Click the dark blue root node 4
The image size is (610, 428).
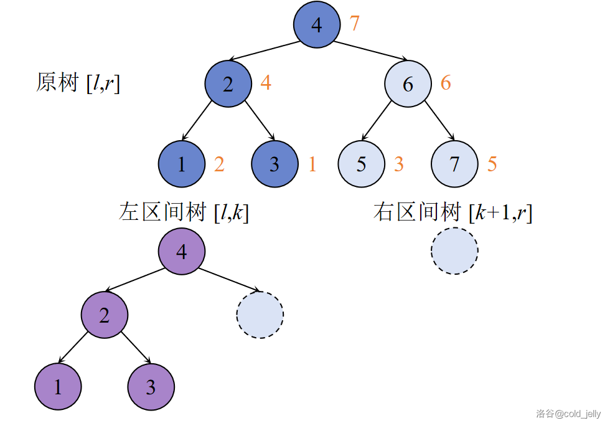click(317, 25)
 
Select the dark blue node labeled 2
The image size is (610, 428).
click(228, 83)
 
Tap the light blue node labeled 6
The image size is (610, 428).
click(408, 83)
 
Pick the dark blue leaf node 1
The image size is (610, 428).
click(182, 164)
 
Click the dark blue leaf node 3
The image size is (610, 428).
click(274, 164)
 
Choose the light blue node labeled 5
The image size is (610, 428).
click(362, 164)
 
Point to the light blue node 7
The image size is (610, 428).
click(454, 164)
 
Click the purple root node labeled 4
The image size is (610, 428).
click(181, 251)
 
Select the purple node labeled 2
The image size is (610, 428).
click(104, 315)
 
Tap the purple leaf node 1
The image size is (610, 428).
click(58, 387)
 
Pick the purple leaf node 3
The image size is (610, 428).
click(151, 387)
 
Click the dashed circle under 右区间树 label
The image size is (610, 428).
click(454, 251)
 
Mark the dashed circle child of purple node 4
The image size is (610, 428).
click(260, 315)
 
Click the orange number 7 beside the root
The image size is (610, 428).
click(355, 24)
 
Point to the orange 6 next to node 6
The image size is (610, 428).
click(446, 82)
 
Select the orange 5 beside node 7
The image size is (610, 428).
click(492, 164)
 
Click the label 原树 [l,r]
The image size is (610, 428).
click(78, 83)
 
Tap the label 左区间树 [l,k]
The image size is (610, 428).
click(184, 212)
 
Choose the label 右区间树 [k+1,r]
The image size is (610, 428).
click(453, 212)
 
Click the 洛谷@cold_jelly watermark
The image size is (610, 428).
click(568, 414)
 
